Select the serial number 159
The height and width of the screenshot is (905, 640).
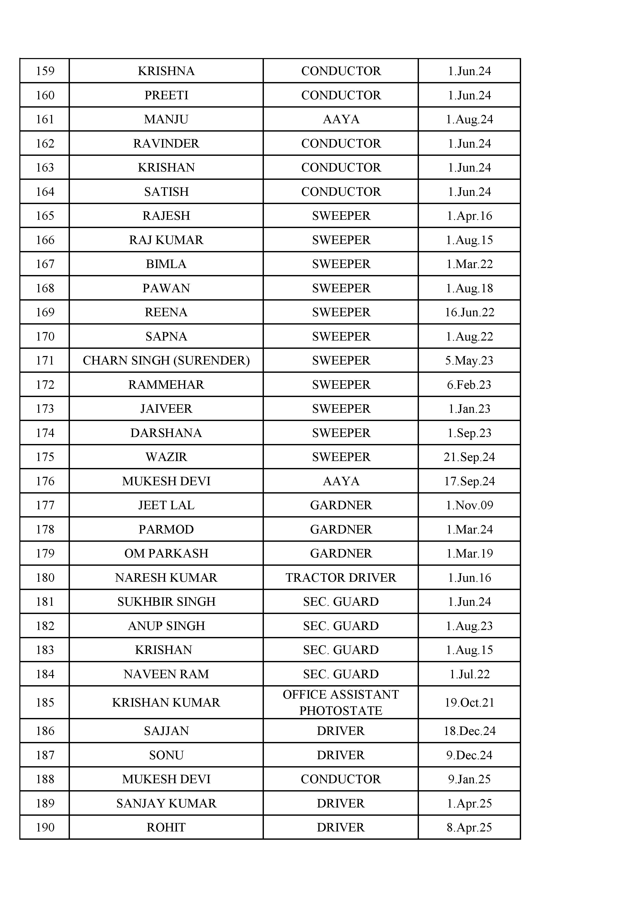tap(45, 71)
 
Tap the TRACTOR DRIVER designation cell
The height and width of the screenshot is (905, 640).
tap(341, 577)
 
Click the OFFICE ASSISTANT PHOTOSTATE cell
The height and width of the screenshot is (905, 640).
tap(341, 702)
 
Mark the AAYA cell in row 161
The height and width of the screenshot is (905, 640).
tap(341, 119)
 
